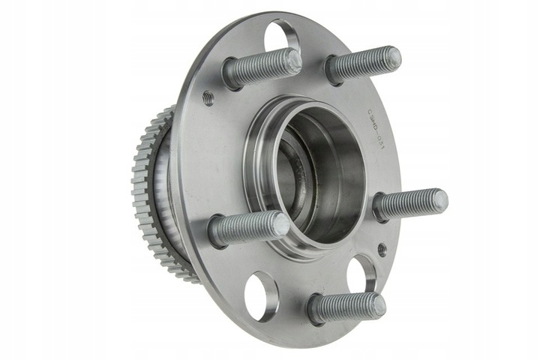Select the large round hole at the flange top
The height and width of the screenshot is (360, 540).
283,36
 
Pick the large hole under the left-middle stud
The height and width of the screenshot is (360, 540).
260,295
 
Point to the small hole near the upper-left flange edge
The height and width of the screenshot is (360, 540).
208,97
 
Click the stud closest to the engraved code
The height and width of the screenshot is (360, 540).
363,65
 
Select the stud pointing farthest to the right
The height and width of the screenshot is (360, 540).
410,204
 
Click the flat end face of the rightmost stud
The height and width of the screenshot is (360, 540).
439,200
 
